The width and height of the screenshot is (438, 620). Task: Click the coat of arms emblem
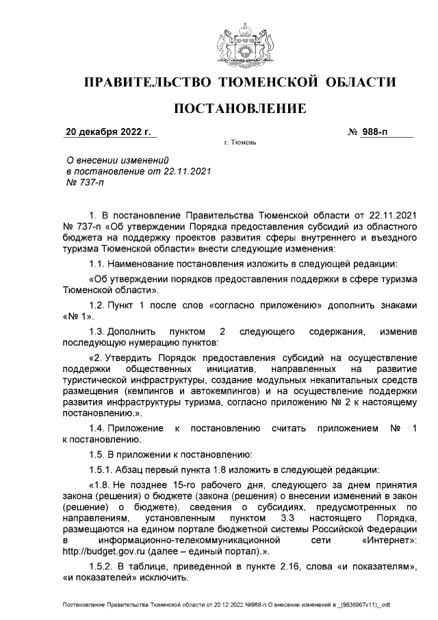point(240,45)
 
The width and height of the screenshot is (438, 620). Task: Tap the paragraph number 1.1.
point(98,263)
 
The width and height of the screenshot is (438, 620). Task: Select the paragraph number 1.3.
point(98,332)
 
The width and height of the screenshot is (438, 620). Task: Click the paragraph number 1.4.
point(98,427)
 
